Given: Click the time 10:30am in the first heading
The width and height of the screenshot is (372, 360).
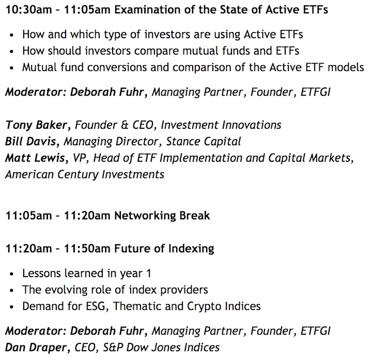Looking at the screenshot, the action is (29, 10).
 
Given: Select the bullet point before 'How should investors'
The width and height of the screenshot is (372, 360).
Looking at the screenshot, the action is (11, 51).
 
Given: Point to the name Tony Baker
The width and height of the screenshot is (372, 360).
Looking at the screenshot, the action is (36, 125).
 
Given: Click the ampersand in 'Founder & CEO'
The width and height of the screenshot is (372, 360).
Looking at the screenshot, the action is (125, 125).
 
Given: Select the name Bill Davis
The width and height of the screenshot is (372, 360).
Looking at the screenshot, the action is (30, 142).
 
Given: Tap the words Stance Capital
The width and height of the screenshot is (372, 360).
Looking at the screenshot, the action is (204, 142).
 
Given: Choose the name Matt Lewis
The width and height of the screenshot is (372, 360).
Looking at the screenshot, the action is (35, 158).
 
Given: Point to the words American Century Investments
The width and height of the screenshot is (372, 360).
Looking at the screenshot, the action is (85, 174).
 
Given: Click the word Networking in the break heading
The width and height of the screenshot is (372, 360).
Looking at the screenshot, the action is (145, 216).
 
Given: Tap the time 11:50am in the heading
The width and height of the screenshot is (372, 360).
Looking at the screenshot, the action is (87, 249).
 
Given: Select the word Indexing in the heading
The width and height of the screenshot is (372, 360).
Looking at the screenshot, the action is (191, 249).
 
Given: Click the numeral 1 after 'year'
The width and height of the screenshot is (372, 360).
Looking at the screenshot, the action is (148, 273).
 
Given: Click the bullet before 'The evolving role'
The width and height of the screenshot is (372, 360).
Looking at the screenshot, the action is (11, 290).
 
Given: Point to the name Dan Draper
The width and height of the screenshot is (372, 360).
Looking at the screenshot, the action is (36, 348).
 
